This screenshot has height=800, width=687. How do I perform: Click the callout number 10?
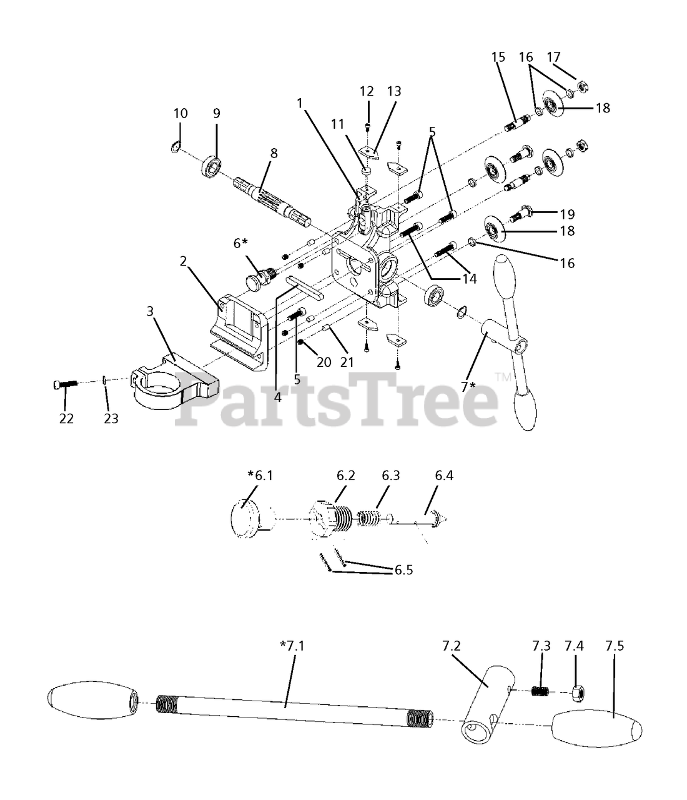point(180,113)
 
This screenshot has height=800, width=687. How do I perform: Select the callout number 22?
point(66,418)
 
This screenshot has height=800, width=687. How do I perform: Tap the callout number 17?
point(553,57)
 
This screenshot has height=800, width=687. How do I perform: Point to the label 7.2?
point(450,646)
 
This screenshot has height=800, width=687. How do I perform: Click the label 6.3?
point(391,475)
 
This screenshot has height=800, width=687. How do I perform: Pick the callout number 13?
point(394,91)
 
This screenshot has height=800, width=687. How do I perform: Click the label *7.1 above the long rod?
point(292,646)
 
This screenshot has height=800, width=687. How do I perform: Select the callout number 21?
point(347,362)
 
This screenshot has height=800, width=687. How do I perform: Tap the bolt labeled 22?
point(64,384)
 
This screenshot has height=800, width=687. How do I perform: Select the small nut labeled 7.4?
point(578,691)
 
